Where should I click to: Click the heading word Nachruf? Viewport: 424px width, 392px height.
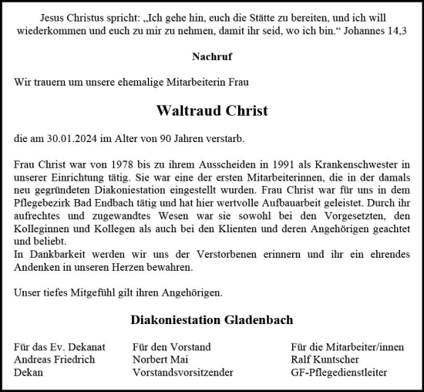coord(211,56)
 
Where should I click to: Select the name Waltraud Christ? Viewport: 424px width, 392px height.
coord(211,110)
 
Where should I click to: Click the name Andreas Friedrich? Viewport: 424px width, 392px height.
coord(54,360)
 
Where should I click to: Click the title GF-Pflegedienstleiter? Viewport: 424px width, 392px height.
coord(339,372)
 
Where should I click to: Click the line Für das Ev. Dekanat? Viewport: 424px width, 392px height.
coord(59,347)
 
